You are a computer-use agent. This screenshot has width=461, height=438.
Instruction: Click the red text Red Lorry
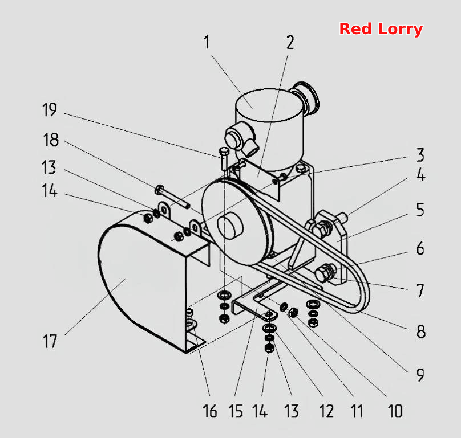point(381,29)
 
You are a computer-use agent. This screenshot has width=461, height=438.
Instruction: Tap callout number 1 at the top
point(207,43)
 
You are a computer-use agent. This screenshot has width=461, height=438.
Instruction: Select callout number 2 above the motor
point(290,43)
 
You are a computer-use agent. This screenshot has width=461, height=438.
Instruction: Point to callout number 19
point(50,110)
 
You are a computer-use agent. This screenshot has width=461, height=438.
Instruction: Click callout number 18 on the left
point(51,140)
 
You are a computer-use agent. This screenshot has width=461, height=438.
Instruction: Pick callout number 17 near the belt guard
point(50,341)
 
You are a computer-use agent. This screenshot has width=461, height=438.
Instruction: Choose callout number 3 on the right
point(420,155)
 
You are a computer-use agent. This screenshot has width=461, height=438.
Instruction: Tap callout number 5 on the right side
point(420,210)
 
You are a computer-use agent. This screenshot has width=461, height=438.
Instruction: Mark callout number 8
point(421,331)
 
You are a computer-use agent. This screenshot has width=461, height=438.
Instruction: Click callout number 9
point(420,375)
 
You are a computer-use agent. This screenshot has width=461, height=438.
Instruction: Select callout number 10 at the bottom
point(395,411)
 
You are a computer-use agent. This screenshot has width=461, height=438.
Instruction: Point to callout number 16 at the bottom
point(210,411)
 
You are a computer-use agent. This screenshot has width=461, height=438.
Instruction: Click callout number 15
point(236,411)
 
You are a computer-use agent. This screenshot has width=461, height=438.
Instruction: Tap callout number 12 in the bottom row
point(326,411)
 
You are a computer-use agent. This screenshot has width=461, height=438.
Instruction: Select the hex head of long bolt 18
point(159,190)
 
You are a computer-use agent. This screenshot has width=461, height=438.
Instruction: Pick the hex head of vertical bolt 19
point(224,152)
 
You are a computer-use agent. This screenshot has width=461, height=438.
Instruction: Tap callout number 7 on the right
point(420,290)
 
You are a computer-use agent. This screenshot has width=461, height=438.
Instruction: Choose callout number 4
point(421,175)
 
